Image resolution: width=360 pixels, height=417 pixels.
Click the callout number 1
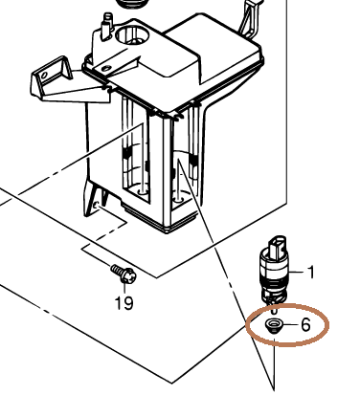pyautogui.click(x=310, y=273)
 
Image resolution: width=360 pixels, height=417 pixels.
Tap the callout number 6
pyautogui.click(x=305, y=325)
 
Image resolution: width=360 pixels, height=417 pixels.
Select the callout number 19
pyautogui.click(x=124, y=303)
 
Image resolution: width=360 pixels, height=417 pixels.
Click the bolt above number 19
pyautogui.click(x=124, y=274)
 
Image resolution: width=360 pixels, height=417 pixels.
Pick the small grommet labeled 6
pyautogui.click(x=274, y=326)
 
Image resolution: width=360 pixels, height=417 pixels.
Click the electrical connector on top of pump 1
pyautogui.click(x=279, y=246)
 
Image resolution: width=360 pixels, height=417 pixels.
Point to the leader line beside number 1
pyautogui.click(x=296, y=272)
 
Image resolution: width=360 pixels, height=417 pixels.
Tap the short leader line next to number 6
pyautogui.click(x=290, y=325)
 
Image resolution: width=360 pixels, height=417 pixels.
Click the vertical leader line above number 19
pyautogui.click(x=124, y=288)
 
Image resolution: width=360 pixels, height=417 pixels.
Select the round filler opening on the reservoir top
pyautogui.click(x=131, y=35)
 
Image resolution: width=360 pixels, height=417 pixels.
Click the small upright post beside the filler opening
pyautogui.click(x=107, y=26)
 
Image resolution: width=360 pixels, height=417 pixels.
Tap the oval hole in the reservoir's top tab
pyautogui.click(x=106, y=68)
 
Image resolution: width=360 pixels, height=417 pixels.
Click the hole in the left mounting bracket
pyautogui.click(x=44, y=76)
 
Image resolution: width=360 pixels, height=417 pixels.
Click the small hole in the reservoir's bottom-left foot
pyautogui.click(x=96, y=206)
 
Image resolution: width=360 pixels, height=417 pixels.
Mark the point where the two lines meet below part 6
pyautogui.click(x=274, y=389)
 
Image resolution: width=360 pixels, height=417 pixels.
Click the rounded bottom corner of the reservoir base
pyautogui.click(x=167, y=230)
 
